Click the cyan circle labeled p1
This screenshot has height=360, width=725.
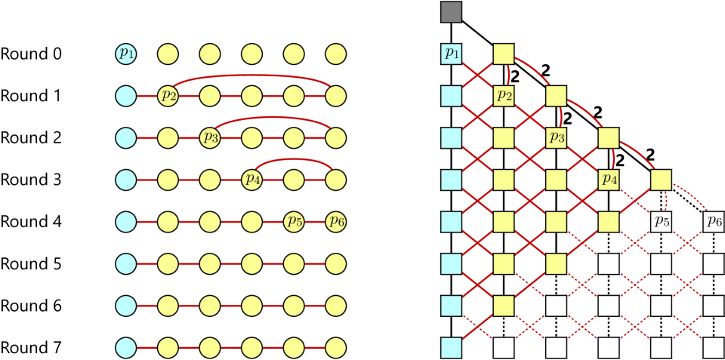pyautogui.click(x=126, y=54)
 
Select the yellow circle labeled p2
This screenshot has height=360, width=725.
pyautogui.click(x=168, y=96)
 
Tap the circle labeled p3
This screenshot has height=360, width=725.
pyautogui.click(x=210, y=138)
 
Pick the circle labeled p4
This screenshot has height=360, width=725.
pyautogui.click(x=252, y=180)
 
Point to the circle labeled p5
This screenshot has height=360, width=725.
pyautogui.click(x=294, y=222)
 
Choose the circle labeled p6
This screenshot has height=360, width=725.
pyautogui.click(x=336, y=222)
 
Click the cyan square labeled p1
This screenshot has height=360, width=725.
pyautogui.click(x=452, y=54)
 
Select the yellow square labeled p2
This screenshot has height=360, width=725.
pyautogui.click(x=504, y=96)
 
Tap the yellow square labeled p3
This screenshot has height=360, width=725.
pyautogui.click(x=557, y=138)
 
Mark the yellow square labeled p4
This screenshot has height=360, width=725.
pyautogui.click(x=609, y=180)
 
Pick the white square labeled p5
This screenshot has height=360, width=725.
pyautogui.click(x=662, y=222)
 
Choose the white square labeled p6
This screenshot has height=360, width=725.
pyautogui.click(x=714, y=222)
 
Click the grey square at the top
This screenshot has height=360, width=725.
pyautogui.click(x=452, y=12)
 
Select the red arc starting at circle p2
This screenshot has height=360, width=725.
pyautogui.click(x=253, y=75)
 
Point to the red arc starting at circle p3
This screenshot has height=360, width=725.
pyautogui.click(x=273, y=118)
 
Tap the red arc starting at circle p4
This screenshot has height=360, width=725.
pyautogui.click(x=295, y=160)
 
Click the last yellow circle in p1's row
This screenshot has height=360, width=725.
pyautogui.click(x=336, y=54)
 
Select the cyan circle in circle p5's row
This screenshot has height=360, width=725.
pyautogui.click(x=126, y=222)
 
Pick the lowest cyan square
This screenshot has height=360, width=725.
pyautogui.click(x=452, y=347)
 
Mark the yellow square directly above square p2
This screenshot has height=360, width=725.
pyautogui.click(x=504, y=54)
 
